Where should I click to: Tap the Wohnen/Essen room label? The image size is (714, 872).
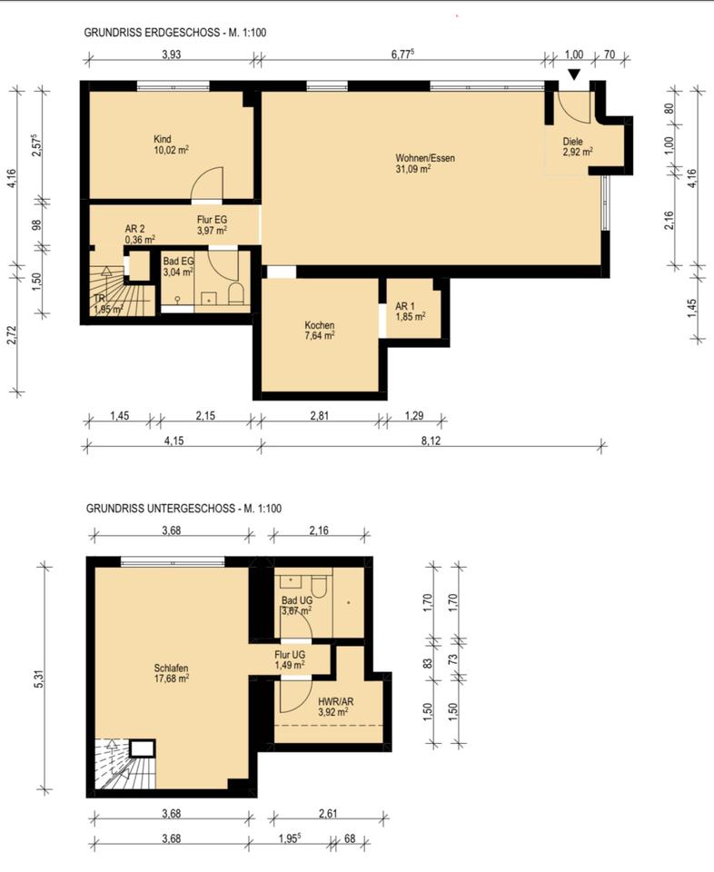[425, 158]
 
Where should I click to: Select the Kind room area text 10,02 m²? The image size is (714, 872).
[172, 150]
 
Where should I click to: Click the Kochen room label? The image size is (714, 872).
[319, 325]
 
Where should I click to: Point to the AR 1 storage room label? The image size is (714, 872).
[405, 306]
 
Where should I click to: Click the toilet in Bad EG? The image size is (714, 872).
[236, 293]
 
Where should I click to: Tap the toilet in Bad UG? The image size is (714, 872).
[319, 587]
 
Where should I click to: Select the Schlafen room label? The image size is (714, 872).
[171, 668]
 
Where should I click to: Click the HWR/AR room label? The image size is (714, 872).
[335, 701]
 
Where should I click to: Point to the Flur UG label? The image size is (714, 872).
[289, 655]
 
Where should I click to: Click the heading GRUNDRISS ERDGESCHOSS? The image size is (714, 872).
[152, 33]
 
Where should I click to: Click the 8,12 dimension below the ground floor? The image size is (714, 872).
[431, 441]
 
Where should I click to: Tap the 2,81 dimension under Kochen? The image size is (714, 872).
[321, 415]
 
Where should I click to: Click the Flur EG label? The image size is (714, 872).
[212, 220]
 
